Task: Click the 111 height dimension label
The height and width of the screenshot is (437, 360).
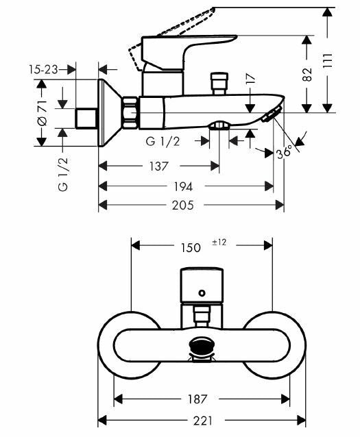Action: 328,60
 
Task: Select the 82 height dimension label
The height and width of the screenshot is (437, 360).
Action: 307,74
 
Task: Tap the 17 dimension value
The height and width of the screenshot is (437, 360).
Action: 250,79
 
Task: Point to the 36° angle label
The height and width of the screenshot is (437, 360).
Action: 285,152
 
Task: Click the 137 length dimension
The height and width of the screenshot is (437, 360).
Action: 159,166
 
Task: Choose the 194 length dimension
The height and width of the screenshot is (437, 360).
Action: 183,186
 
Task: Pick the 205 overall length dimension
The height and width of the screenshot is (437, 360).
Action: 183,205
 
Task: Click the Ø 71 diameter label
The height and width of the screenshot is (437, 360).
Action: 42,113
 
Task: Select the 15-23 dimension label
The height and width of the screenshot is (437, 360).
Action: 43,70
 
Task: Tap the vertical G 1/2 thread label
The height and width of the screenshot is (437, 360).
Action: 63,174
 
